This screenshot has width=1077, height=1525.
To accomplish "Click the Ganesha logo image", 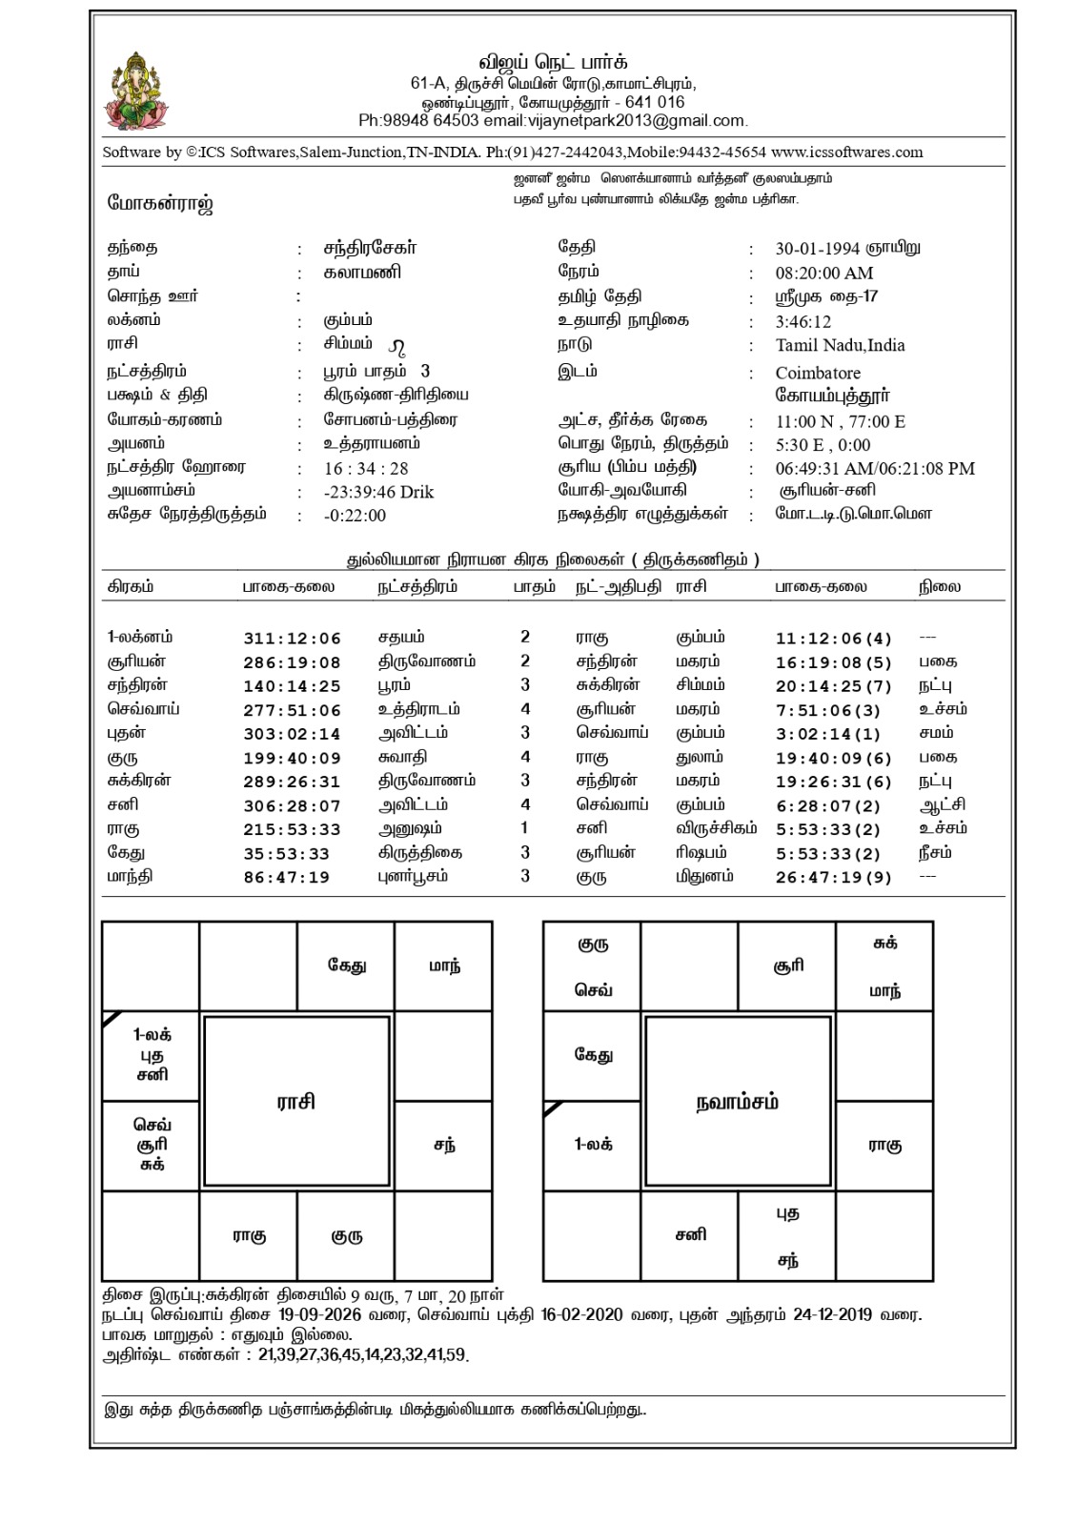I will [140, 92].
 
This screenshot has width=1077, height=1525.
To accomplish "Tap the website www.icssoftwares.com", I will [846, 152].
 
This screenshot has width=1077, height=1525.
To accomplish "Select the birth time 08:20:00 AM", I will [824, 273].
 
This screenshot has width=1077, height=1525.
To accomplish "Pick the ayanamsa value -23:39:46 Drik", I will [378, 492].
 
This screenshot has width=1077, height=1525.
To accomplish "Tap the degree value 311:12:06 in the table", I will [292, 639].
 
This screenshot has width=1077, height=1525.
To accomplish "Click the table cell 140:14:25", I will [292, 686].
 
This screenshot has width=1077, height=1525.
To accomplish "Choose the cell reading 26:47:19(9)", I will [834, 878].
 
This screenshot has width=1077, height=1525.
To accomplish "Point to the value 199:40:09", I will [292, 759].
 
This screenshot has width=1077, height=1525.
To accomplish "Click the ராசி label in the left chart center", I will [296, 1102].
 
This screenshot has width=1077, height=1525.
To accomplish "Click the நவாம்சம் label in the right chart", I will [737, 1102].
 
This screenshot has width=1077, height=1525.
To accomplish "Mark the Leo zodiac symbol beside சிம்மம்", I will [397, 345].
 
